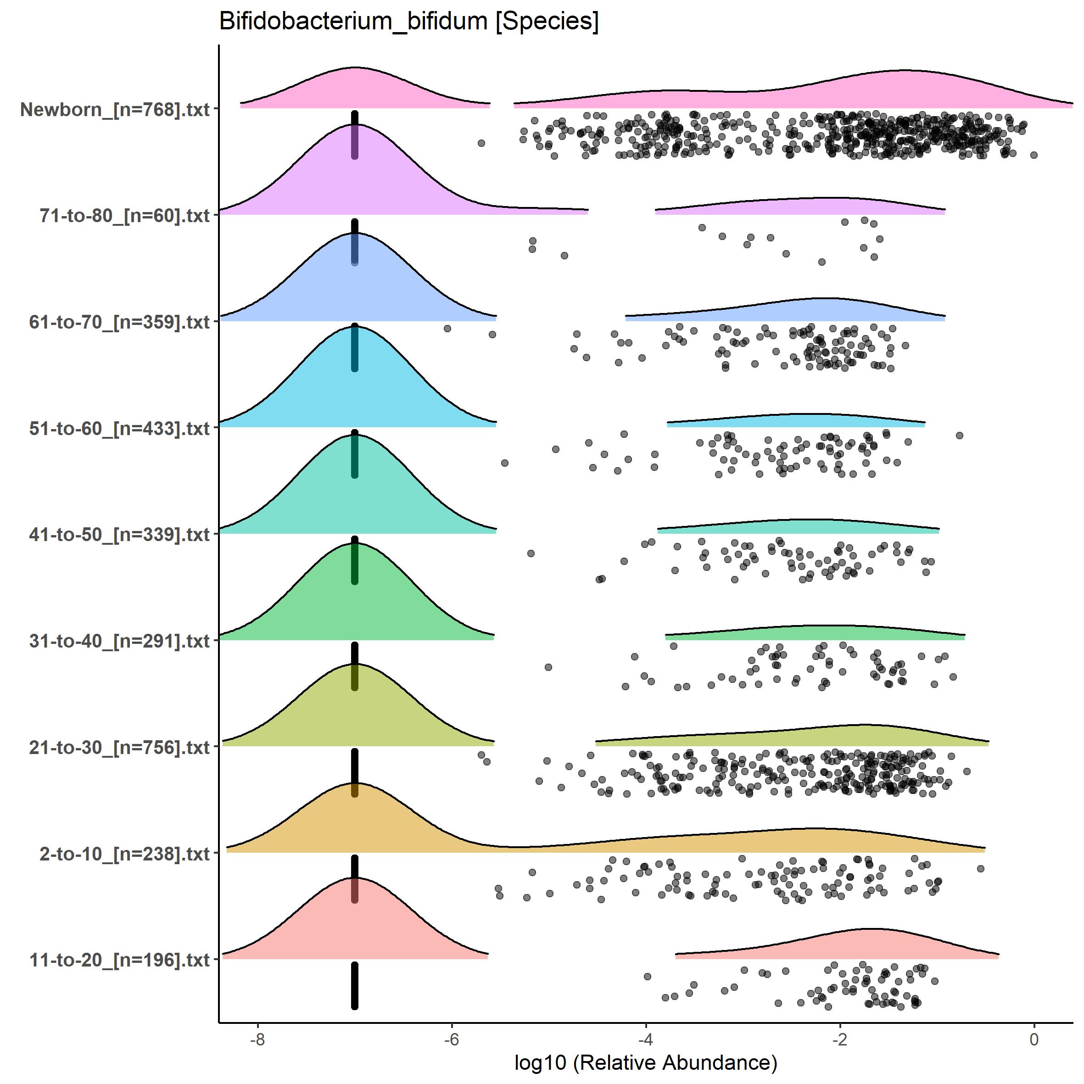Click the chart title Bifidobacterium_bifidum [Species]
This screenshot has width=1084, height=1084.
pyautogui.click(x=408, y=21)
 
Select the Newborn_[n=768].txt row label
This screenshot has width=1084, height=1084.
pyautogui.click(x=115, y=109)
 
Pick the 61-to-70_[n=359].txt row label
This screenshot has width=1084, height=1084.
pyautogui.click(x=119, y=322)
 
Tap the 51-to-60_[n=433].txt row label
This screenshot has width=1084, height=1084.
pyautogui.click(x=119, y=429)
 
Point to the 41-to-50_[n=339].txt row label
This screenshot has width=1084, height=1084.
pyautogui.click(x=119, y=535)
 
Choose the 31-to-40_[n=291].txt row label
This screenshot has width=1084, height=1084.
pyautogui.click(x=119, y=641)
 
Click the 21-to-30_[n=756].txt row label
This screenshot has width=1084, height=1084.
pyautogui.click(x=119, y=747)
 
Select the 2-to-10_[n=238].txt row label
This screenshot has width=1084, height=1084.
pyautogui.click(x=124, y=854)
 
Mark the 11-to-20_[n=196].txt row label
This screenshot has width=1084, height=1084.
pyautogui.click(x=119, y=960)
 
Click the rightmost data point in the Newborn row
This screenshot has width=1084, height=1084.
pyautogui.click(x=1034, y=155)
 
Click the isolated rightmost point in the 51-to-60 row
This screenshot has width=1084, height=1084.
pyautogui.click(x=960, y=436)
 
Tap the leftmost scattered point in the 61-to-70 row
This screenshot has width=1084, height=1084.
pyautogui.click(x=447, y=328)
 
